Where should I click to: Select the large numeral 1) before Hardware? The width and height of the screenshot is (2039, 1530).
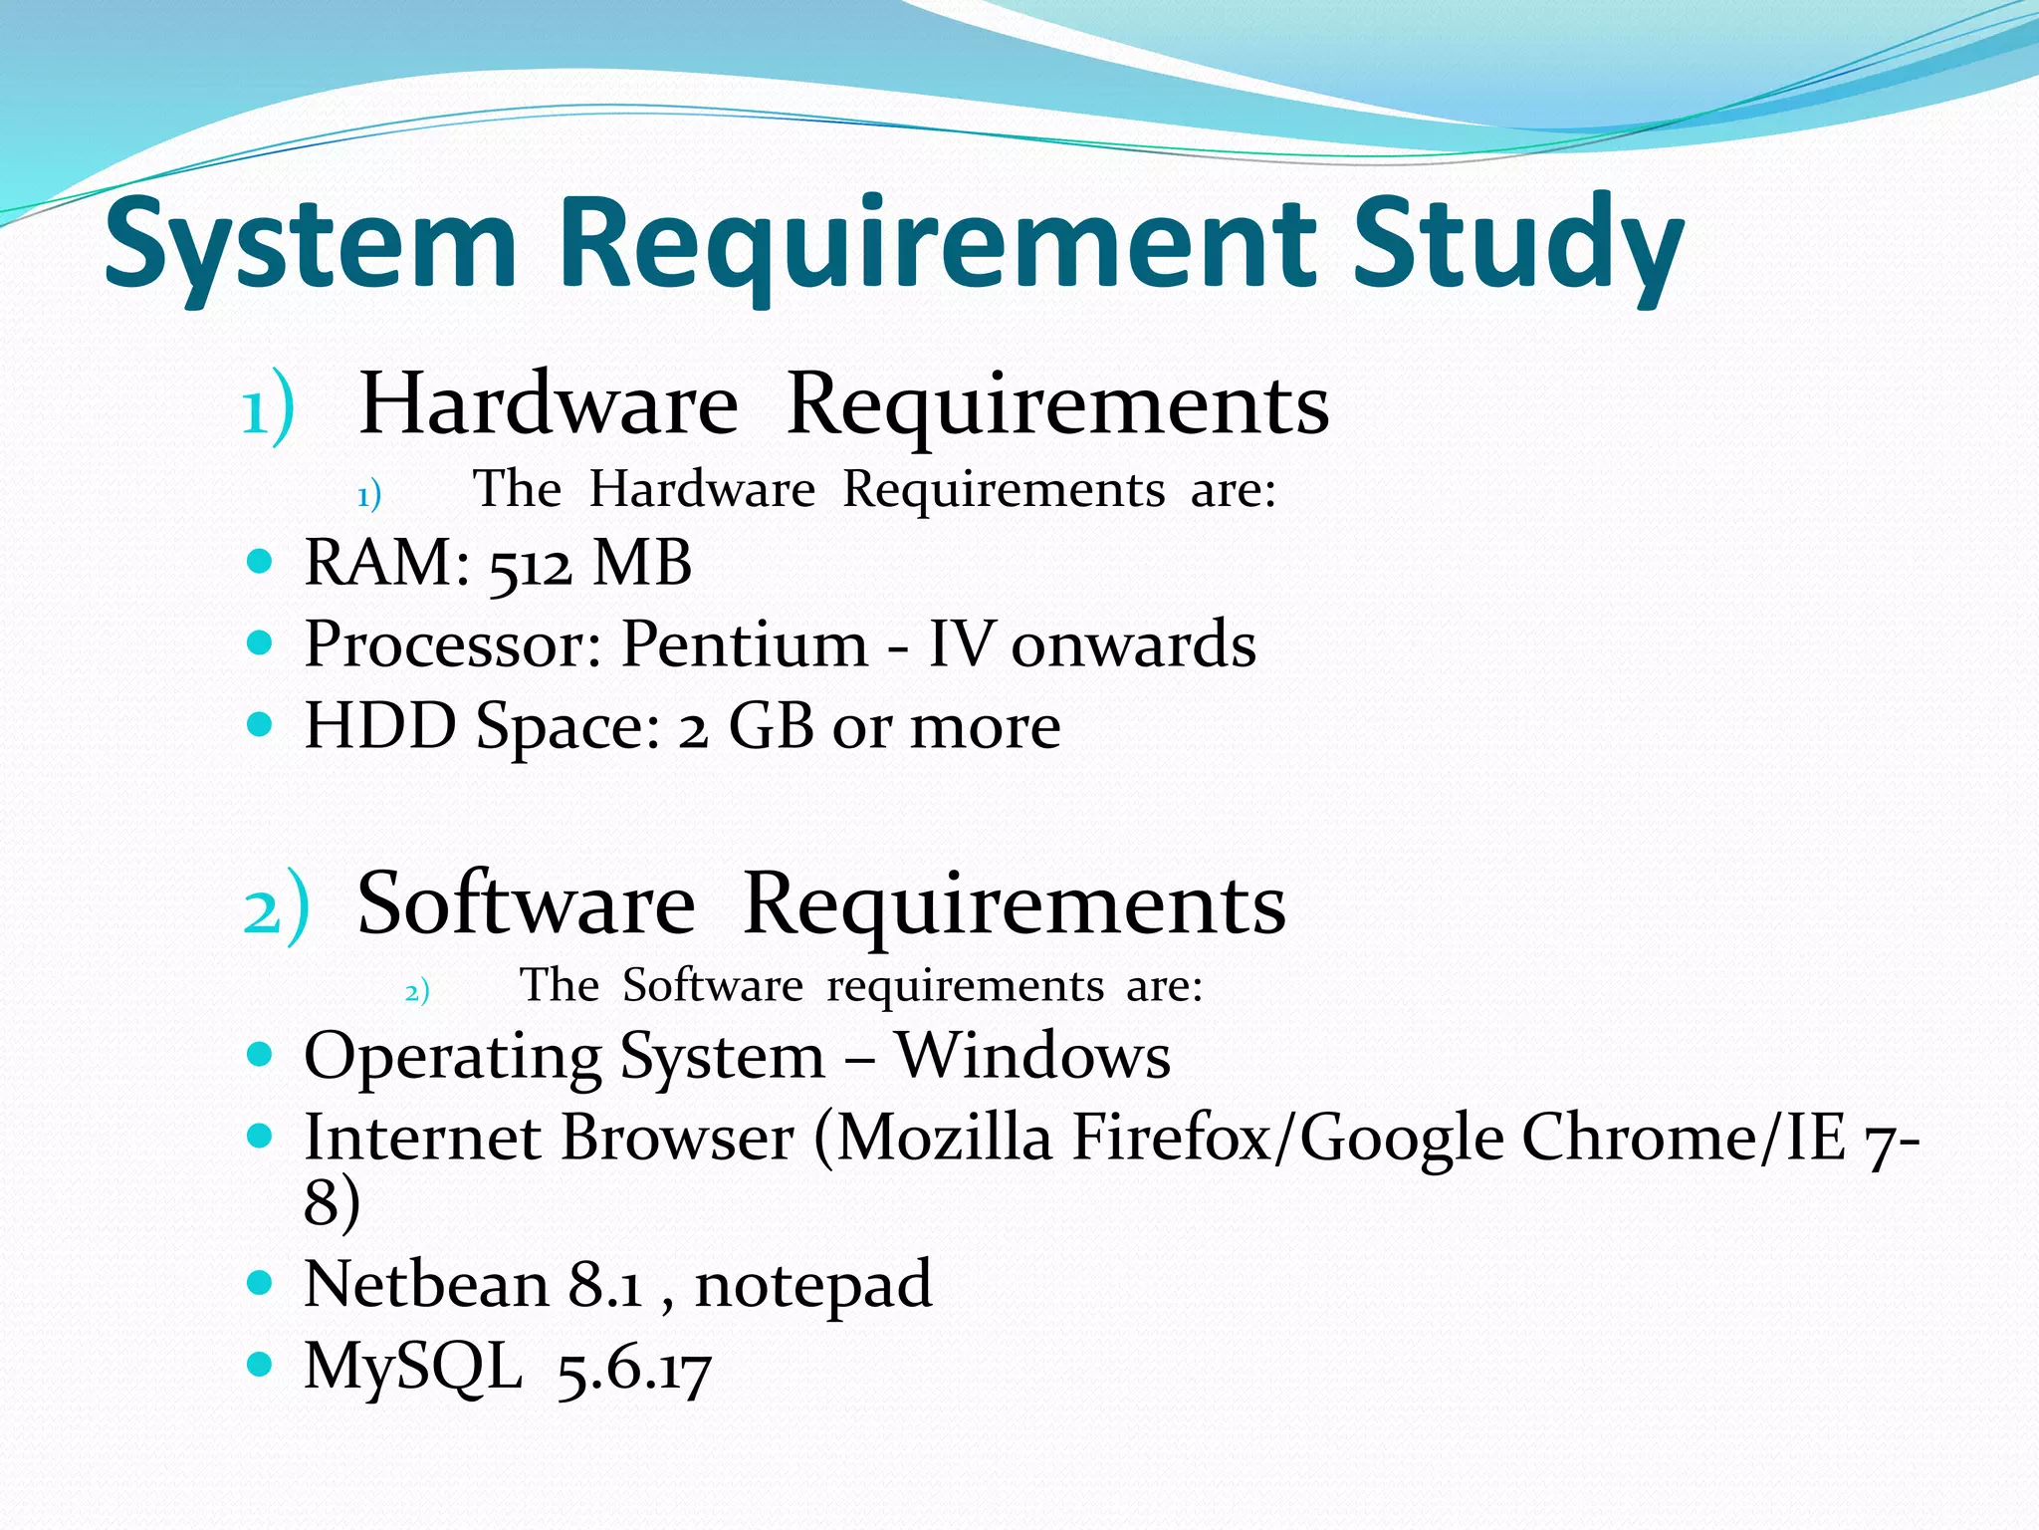269,406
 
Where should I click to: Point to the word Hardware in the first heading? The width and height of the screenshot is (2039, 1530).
549,404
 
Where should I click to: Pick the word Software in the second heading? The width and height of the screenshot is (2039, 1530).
526,904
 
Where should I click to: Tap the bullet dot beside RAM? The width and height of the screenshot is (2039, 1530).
259,562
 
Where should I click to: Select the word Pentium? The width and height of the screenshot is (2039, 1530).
745,644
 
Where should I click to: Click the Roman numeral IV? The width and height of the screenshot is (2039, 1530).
961,644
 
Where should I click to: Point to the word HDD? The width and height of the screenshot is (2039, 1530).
379,725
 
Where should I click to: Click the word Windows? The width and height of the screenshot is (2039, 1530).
1032,1056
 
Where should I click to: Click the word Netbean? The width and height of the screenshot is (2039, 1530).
426,1284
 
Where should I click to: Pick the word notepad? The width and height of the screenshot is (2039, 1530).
813,1284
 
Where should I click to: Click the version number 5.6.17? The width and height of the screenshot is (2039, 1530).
634,1370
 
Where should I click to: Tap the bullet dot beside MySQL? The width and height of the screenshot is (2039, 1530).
259,1363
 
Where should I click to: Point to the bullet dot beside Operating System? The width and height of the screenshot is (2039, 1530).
259,1053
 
